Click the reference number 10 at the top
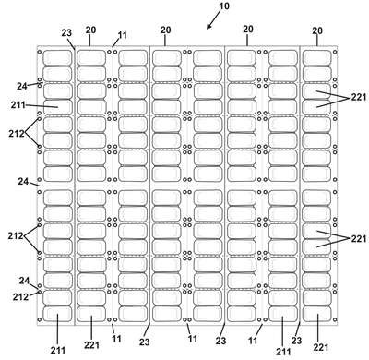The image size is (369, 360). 224,6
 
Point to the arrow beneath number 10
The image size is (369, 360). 214,20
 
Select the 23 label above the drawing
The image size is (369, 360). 66,32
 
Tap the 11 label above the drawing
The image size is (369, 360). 122,35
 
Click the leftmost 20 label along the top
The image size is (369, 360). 90,30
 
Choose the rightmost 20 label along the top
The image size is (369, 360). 317,30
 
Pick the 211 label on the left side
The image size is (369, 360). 18,105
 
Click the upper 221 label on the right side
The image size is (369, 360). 359,98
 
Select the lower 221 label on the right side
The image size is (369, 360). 359,238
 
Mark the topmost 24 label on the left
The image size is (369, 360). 22,87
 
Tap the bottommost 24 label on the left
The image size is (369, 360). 24,281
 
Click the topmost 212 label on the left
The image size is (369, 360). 17,134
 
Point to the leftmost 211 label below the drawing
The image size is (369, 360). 58,350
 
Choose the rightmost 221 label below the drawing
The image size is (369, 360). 321,347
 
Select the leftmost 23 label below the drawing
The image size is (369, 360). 145,342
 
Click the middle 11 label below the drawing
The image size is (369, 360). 193,339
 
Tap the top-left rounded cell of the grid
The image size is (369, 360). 57,57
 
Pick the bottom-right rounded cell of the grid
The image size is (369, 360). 316,314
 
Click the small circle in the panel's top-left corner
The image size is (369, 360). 40,52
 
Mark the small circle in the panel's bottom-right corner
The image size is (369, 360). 335,319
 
